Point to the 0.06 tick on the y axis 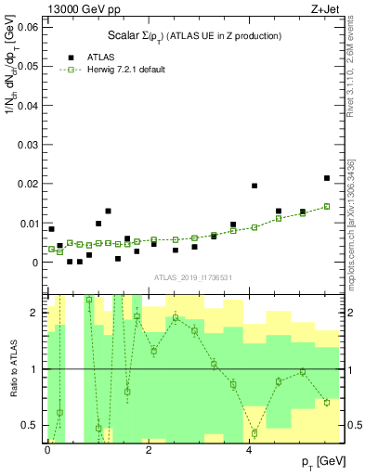[x=28, y=27]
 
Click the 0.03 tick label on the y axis [x=28, y=145]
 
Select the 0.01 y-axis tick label [x=28, y=224]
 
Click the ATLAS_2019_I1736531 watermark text [x=191, y=277]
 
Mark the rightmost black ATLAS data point [x=327, y=178]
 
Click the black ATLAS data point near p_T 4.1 [x=254, y=186]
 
